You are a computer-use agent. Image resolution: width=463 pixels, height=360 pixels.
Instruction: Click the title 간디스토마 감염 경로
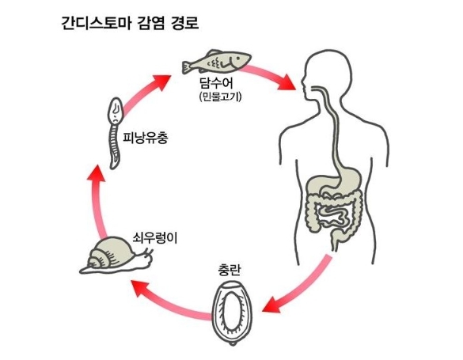[x=130, y=23]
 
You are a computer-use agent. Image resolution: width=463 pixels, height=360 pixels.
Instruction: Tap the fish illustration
[x=216, y=62]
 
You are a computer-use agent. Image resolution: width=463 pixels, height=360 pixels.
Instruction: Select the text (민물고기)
[x=220, y=97]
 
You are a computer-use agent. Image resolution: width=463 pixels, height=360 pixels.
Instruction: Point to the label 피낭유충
[x=146, y=137]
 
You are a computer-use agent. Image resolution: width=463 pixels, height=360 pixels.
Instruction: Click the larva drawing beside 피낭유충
[x=115, y=134]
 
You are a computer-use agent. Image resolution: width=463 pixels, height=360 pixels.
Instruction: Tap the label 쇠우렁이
[x=155, y=237]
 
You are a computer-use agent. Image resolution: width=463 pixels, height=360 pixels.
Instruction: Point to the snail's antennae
[x=149, y=252]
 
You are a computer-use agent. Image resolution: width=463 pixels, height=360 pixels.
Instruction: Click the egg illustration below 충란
[x=233, y=313]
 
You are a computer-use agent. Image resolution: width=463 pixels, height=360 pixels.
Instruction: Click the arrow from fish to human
[x=266, y=76]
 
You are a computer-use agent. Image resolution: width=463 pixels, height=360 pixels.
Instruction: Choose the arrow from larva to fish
[x=145, y=94]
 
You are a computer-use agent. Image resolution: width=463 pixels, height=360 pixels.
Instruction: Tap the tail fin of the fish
[x=187, y=66]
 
